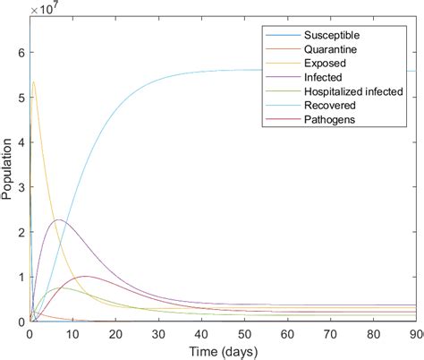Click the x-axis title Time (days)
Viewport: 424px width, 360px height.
(223, 349)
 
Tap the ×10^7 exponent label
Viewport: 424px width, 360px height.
(43, 8)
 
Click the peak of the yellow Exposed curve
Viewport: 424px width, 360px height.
(34, 82)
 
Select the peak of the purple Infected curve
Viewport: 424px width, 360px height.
(59, 219)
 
